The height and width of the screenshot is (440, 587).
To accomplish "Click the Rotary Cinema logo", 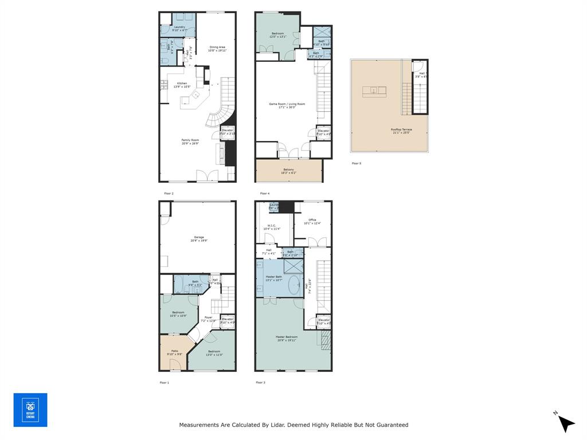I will tap(30, 410).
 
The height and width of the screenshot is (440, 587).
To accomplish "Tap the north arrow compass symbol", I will tap(565, 423).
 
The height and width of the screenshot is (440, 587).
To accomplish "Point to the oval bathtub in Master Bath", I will tap(295, 285).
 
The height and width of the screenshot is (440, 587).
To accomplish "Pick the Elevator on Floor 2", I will tap(228, 132).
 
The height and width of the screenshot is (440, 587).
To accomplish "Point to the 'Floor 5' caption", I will tap(357, 163).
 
